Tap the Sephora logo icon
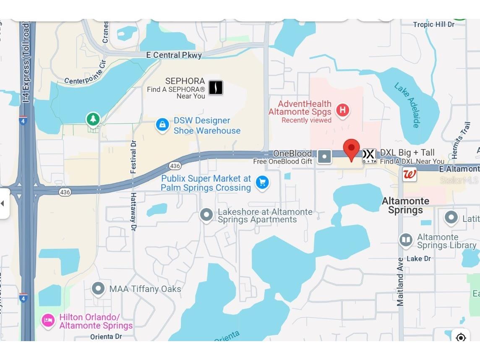216,88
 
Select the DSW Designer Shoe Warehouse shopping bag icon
162,125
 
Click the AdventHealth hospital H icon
343,111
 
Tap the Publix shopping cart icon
262,183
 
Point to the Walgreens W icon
410,174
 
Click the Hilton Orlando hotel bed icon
48,321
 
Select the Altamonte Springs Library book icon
406,240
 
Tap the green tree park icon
93,119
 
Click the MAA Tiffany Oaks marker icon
99,289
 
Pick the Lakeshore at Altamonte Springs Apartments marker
206,215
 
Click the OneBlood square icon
324,157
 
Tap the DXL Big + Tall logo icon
369,156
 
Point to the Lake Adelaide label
407,105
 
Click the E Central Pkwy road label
174,55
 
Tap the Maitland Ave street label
401,284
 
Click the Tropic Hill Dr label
433,24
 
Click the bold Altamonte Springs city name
405,206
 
